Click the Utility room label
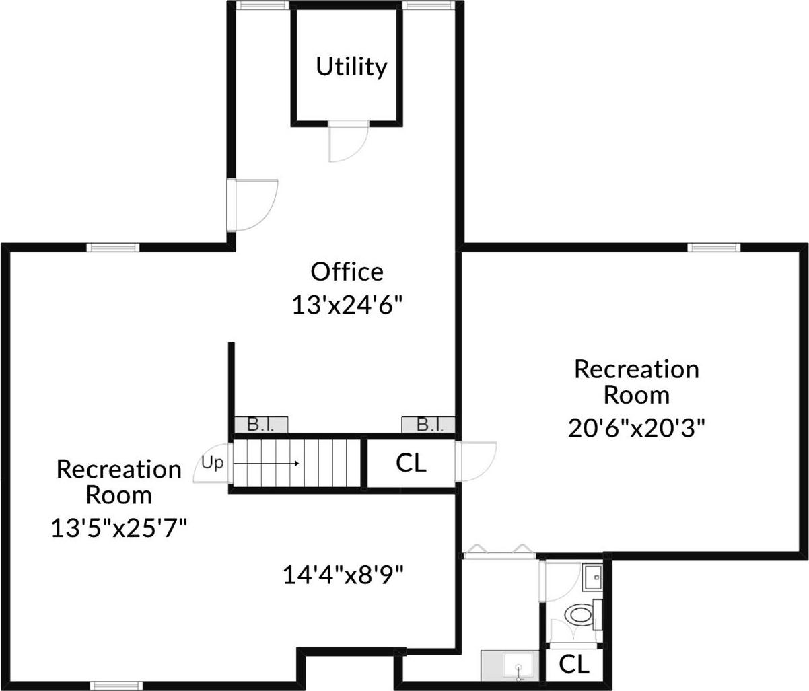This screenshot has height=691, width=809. tap(351, 67)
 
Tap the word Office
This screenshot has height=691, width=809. tap(347, 271)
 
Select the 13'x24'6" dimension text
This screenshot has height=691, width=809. tap(347, 305)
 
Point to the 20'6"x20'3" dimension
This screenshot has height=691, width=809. tap(636, 427)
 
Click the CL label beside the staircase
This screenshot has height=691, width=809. tap(411, 463)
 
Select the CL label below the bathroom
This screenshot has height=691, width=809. tap(574, 664)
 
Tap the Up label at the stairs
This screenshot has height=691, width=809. tap(212, 463)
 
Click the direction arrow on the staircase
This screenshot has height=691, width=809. tap(269, 463)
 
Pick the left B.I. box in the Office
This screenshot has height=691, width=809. tap(261, 425)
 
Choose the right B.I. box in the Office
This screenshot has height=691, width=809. tap(428, 425)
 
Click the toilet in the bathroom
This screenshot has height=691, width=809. tap(578, 614)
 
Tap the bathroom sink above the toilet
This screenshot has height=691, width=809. tap(593, 577)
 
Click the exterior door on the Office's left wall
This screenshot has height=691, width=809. tap(252, 205)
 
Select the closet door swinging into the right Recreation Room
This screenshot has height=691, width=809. tap(475, 461)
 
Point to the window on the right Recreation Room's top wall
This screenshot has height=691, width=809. tap(713, 248)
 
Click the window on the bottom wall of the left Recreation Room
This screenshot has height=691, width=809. tap(116, 686)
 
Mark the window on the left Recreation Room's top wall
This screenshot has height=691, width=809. tap(113, 248)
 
